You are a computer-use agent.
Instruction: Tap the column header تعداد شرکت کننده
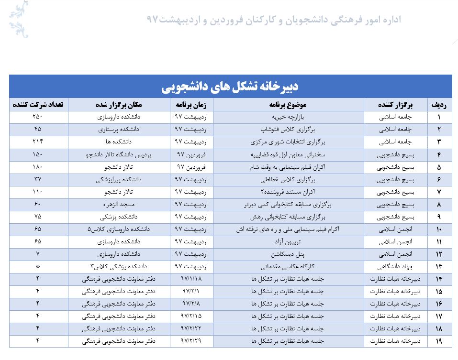(39, 105)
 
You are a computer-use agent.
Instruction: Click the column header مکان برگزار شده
(119, 105)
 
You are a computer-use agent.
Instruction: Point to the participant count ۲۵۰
(38, 117)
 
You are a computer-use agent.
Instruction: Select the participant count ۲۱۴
(38, 142)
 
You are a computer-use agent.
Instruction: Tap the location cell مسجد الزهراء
(119, 204)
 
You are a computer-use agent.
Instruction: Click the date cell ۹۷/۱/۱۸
(191, 279)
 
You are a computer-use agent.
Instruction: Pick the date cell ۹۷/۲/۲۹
(191, 341)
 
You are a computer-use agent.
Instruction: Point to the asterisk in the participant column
(38, 266)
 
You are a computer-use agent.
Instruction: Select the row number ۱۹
(438, 341)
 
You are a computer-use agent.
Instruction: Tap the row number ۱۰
(438, 229)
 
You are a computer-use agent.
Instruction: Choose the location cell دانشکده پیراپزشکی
(119, 179)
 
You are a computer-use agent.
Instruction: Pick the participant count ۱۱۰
(38, 192)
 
